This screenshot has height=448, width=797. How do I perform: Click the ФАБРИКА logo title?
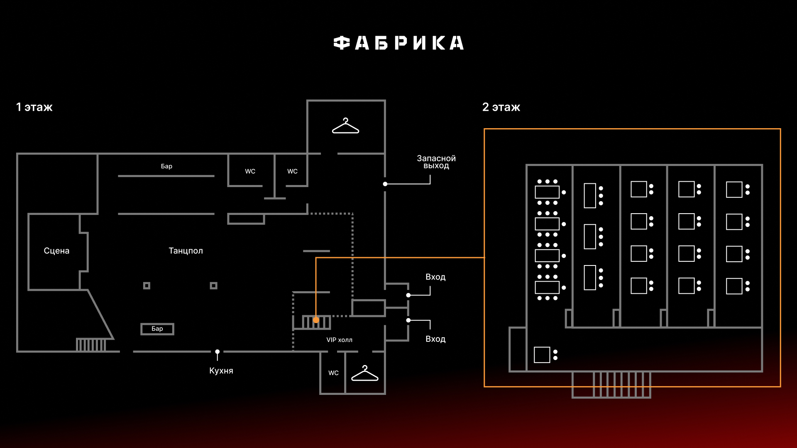coord(398,43)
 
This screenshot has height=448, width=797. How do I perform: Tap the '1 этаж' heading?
coord(34,107)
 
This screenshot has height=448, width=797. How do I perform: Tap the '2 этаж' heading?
coord(501,107)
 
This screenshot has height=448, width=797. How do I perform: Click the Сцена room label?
coord(56,251)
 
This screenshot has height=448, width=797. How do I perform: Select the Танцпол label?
coord(186,251)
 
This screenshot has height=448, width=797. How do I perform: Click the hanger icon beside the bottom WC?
coord(364,373)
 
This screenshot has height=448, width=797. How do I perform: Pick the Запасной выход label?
coord(436,162)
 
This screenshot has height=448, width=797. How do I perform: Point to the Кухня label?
coord(221,370)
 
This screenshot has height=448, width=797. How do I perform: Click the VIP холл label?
coord(339,340)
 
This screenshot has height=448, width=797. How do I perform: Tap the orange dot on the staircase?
coord(316,320)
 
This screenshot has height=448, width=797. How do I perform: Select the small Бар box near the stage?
coord(157,329)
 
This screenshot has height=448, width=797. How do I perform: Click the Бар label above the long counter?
coord(166,166)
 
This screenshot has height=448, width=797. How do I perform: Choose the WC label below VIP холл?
coord(333,373)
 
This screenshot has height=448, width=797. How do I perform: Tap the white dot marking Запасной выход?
coord(385,184)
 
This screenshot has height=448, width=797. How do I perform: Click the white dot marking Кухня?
coord(217,352)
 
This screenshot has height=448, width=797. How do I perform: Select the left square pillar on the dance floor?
coord(147,285)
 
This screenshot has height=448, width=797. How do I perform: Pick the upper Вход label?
coord(435,277)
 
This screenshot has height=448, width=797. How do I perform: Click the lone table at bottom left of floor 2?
coord(542,355)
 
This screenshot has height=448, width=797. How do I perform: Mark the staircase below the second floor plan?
coord(611,385)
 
